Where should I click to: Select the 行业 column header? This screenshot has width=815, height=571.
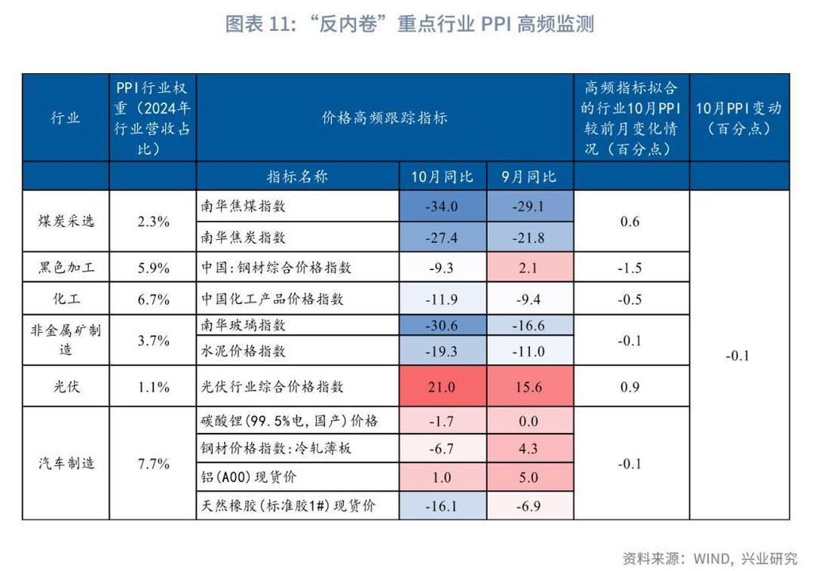click(x=65, y=118)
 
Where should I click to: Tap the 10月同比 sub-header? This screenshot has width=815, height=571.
click(x=442, y=176)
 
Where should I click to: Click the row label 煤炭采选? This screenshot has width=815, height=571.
click(x=65, y=221)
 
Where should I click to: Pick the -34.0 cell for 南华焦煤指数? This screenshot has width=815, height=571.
click(x=442, y=206)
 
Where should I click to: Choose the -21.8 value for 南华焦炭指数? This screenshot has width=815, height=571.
click(x=531, y=237)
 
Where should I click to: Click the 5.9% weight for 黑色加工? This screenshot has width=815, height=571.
click(x=153, y=268)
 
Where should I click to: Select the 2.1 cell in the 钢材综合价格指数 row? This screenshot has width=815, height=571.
click(x=531, y=268)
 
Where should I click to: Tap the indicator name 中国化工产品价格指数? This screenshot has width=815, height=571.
click(x=272, y=299)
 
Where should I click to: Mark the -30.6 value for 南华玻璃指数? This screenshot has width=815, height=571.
click(x=442, y=326)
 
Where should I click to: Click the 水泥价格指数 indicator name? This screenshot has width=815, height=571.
click(x=243, y=351)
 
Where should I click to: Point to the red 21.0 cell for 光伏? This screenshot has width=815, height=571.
click(x=442, y=387)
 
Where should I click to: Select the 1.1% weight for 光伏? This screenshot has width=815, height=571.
click(x=153, y=387)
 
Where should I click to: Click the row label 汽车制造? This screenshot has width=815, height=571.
click(x=65, y=463)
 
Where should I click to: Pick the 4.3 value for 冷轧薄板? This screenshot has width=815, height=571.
click(x=531, y=449)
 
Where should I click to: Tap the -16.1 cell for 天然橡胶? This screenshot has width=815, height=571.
click(x=442, y=505)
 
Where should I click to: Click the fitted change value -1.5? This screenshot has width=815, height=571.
click(x=630, y=268)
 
